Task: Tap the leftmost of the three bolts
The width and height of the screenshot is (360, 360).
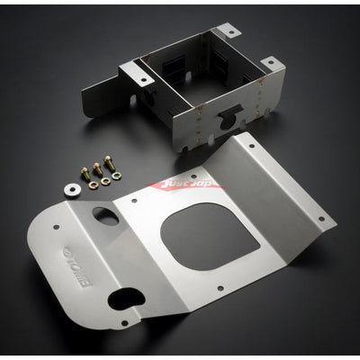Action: tap(85, 175)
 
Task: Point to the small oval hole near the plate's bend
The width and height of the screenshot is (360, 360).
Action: tap(103, 217)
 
